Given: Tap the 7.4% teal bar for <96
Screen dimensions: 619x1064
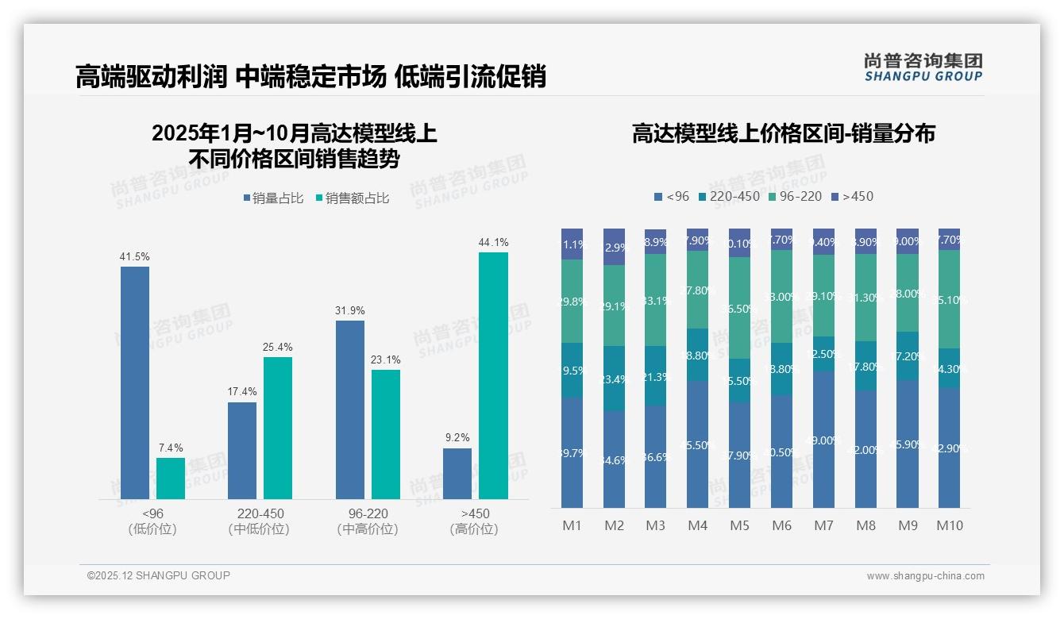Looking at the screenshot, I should (170, 478).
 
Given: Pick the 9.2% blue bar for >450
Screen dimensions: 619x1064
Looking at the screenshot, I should (457, 473).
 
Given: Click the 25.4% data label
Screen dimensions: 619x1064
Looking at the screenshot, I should (278, 347).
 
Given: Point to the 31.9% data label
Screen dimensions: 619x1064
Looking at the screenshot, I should (350, 310).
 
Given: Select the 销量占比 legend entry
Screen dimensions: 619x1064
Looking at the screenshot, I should (272, 198).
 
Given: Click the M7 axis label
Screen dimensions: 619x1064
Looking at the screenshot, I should (823, 525).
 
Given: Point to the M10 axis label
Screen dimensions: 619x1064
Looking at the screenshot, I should (949, 525).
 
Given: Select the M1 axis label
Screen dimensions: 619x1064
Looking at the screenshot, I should (572, 525).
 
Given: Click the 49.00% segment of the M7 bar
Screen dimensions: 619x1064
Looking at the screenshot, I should (823, 440).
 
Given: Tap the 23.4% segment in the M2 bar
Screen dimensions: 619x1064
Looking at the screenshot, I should (614, 379).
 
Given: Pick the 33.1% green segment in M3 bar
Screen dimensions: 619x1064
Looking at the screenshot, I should (655, 300).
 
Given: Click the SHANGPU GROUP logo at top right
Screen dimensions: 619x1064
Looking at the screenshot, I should (923, 67).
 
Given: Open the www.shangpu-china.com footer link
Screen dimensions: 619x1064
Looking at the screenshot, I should (925, 576).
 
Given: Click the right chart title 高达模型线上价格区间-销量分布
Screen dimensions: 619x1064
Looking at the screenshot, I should (783, 133).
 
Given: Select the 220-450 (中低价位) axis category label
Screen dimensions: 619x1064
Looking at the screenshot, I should (259, 521).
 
